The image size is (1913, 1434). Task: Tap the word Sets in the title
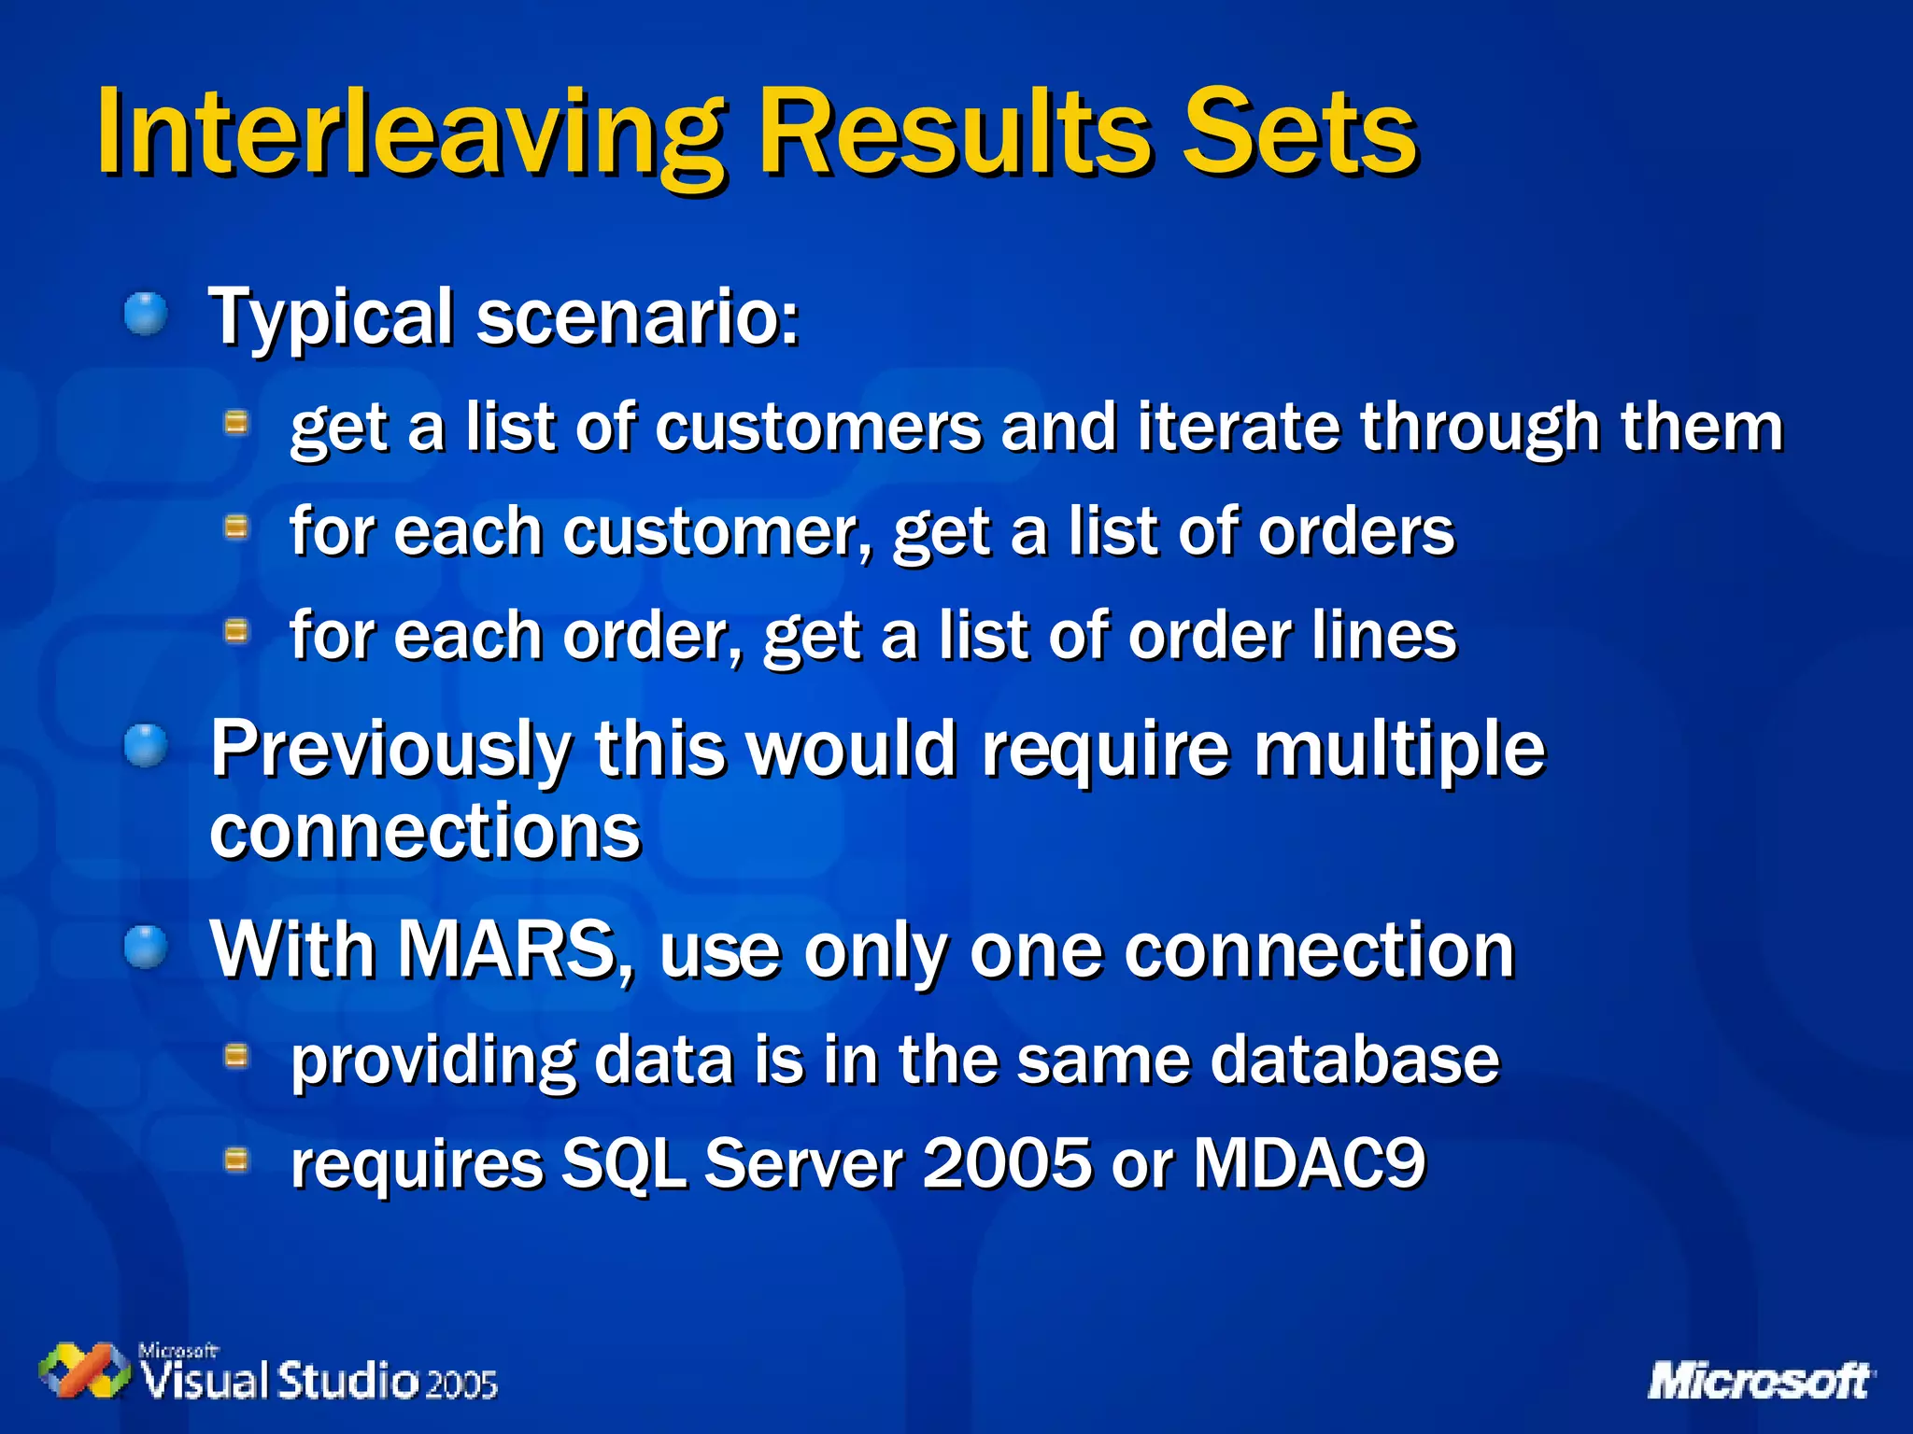tap(1298, 133)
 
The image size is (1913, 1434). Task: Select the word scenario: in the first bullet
tap(638, 317)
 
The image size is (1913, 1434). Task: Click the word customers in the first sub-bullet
tap(818, 428)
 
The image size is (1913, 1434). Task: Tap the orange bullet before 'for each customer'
tap(237, 528)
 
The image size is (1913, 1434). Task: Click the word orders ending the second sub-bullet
tap(1355, 532)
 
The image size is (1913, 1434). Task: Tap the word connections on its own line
tap(425, 832)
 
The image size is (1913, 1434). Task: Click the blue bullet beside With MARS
tap(146, 948)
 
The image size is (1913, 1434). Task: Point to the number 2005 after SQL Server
tap(1007, 1164)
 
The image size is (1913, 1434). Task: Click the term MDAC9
tap(1309, 1164)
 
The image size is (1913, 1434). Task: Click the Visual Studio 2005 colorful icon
tap(84, 1371)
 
